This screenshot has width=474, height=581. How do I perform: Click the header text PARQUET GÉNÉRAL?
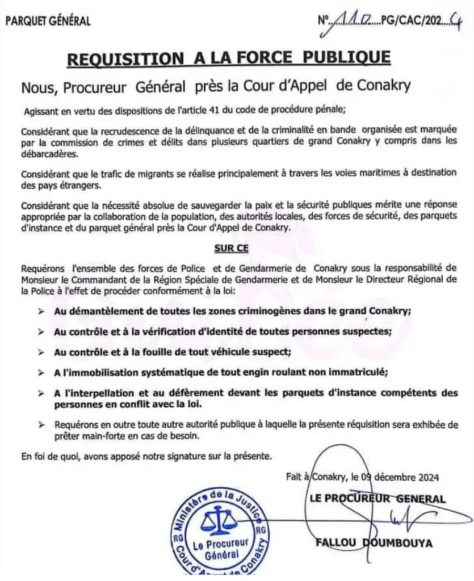click(48, 22)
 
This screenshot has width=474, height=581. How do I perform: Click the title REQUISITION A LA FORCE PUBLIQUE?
click(229, 58)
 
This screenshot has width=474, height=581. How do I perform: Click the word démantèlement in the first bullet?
click(101, 311)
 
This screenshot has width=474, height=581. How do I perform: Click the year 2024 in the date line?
click(426, 477)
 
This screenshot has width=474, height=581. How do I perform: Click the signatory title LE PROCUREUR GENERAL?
click(377, 499)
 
